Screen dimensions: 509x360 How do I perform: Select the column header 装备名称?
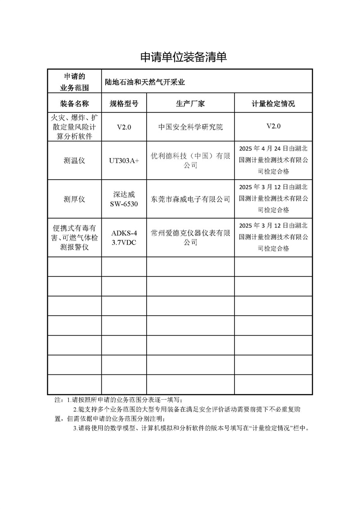[74, 104]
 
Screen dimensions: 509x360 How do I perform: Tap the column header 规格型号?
[124, 104]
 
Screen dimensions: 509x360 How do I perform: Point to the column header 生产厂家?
[190, 104]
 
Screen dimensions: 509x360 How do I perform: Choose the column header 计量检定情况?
[273, 104]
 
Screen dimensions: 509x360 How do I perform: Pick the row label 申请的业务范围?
[74, 81]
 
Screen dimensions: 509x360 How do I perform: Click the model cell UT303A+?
[124, 161]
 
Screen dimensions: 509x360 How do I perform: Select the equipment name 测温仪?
[74, 161]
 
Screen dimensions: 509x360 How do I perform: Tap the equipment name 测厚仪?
[74, 199]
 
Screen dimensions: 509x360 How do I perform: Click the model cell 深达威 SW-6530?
[124, 199]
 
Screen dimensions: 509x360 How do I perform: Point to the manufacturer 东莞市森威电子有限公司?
[190, 199]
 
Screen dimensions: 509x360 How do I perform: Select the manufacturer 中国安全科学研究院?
[190, 127]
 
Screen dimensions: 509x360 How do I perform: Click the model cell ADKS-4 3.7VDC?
[124, 238]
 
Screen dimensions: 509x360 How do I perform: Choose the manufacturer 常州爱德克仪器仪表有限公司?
[190, 238]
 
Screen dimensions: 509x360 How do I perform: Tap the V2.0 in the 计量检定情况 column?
[273, 127]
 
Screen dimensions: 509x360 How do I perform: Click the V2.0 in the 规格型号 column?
[124, 127]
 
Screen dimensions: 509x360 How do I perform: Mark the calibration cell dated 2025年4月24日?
[273, 160]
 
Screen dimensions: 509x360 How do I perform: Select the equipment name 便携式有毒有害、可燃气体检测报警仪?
[74, 238]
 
